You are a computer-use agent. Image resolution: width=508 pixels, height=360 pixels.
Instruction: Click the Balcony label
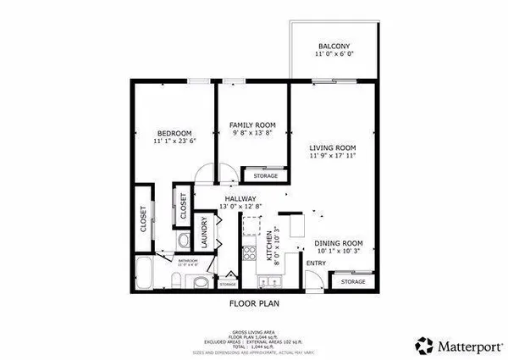(x=334, y=46)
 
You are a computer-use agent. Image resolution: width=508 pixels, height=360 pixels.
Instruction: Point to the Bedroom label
(x=174, y=133)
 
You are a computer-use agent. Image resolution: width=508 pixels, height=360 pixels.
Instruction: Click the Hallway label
(x=240, y=198)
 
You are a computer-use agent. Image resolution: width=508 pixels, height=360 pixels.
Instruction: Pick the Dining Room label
(x=339, y=243)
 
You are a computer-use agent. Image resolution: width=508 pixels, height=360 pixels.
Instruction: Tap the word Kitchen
(x=270, y=246)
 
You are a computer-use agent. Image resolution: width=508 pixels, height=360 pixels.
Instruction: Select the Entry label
(x=315, y=263)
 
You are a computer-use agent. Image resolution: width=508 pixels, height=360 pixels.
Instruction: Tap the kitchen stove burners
(x=250, y=252)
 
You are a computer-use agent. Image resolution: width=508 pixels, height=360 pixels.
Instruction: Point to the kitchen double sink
(x=251, y=227)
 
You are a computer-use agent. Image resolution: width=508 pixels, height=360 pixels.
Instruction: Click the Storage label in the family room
(x=265, y=175)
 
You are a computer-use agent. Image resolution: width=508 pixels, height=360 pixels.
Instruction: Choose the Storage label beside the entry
(x=353, y=281)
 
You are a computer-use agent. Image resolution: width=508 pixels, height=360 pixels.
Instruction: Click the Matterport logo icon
(x=423, y=345)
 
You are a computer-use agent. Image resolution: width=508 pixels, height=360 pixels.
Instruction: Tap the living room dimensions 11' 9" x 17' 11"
(x=332, y=156)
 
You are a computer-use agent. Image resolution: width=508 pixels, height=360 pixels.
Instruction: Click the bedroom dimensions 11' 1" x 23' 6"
(x=174, y=142)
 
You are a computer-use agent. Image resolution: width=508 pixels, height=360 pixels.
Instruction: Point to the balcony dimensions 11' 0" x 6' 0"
(x=334, y=54)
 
